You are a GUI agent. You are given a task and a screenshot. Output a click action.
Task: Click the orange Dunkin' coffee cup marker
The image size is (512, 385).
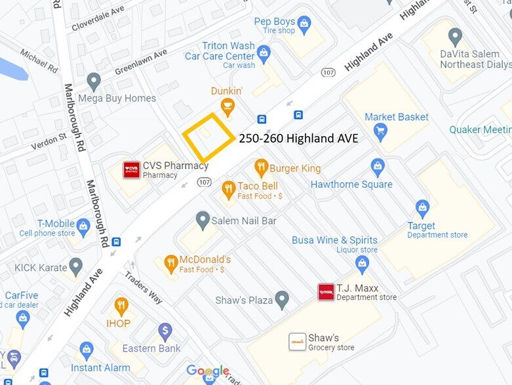[227, 105]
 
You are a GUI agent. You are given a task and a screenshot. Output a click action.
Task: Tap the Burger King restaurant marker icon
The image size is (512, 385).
[262, 168]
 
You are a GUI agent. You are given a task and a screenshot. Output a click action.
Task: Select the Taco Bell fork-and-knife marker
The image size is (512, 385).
[228, 189]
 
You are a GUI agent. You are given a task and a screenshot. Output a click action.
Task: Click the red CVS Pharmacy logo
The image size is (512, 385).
[132, 170]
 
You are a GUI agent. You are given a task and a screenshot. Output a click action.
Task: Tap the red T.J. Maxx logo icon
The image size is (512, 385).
[326, 292]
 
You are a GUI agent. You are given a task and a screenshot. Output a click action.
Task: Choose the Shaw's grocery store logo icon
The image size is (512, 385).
[297, 342]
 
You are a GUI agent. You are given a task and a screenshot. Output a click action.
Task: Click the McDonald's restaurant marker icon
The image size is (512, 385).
[170, 263]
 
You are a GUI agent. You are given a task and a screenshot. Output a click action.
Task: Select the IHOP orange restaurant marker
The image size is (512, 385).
[121, 306]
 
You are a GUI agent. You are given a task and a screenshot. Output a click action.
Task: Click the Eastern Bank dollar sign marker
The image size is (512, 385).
[165, 331]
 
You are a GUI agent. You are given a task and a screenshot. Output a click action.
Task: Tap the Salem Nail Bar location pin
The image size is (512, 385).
[203, 219]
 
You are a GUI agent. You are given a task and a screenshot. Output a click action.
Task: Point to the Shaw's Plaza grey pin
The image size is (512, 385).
[282, 300]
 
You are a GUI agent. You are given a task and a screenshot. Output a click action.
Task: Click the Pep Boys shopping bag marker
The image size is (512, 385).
[304, 26]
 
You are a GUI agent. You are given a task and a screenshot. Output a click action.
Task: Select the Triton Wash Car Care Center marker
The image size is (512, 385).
[264, 52]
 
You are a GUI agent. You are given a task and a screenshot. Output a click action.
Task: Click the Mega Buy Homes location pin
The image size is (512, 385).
[94, 81]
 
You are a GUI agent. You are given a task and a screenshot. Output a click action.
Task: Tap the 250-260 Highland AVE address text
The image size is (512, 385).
[294, 138]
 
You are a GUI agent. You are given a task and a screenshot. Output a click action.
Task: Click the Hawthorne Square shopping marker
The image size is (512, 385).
[378, 167]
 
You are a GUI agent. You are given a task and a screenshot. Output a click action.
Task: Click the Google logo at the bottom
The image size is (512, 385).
[208, 371]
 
